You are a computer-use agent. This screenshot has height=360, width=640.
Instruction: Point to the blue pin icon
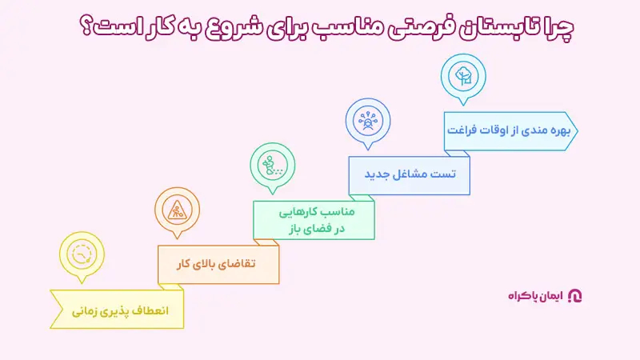coord(368,121)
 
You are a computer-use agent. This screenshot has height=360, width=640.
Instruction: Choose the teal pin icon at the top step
coord(462,76)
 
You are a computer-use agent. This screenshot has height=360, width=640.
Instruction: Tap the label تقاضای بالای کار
coord(218,263)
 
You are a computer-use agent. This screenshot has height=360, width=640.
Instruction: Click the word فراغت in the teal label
coord(466,130)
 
